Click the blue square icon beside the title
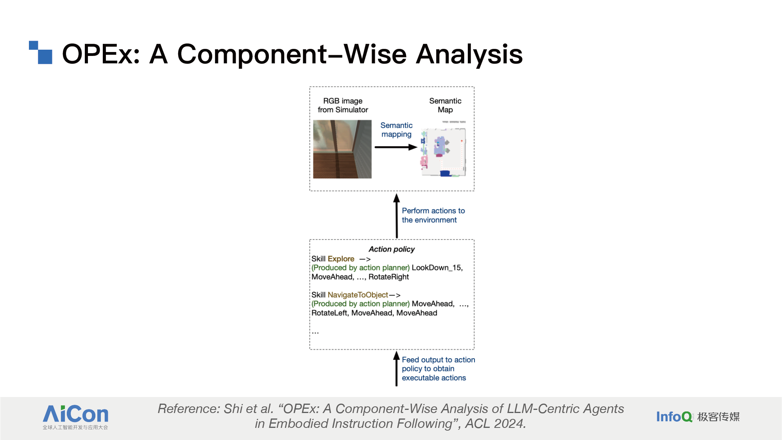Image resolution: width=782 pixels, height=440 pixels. pyautogui.click(x=41, y=52)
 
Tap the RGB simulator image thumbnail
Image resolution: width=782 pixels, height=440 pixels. pyautogui.click(x=342, y=149)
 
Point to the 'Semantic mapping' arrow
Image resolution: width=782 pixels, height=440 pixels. pyautogui.click(x=396, y=147)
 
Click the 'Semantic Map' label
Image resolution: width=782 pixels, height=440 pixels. pyautogui.click(x=445, y=105)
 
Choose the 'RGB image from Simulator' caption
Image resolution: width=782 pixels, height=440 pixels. pyautogui.click(x=343, y=105)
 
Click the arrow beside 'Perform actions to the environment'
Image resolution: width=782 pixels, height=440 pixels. pyautogui.click(x=397, y=216)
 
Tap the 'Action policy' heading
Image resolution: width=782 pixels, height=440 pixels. pyautogui.click(x=392, y=249)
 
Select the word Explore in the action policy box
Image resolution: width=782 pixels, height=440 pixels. pyautogui.click(x=341, y=259)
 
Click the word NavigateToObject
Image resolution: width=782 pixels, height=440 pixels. pyautogui.click(x=358, y=295)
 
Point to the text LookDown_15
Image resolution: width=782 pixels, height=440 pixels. pyautogui.click(x=437, y=268)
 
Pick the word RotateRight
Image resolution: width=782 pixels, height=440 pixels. pyautogui.click(x=388, y=277)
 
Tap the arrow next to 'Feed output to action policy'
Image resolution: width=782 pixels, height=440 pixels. pyautogui.click(x=396, y=368)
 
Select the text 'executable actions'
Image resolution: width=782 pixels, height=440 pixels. pyautogui.click(x=434, y=378)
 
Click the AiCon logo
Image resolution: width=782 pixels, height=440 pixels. pyautogui.click(x=75, y=417)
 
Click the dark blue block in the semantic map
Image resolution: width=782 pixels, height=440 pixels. pyautogui.click(x=445, y=173)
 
